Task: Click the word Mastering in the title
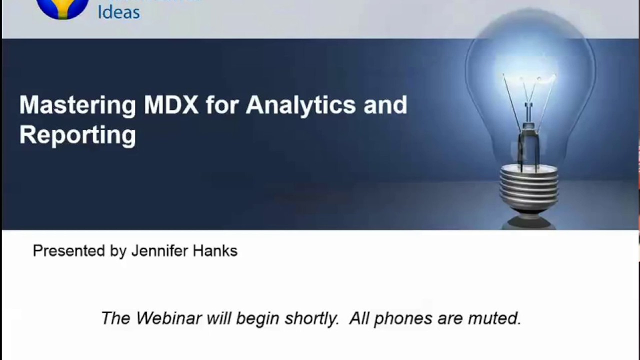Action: [x=77, y=105]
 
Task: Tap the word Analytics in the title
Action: [x=300, y=105]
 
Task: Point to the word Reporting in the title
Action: [x=77, y=135]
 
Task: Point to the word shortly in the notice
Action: [x=311, y=318]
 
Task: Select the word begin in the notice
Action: [x=257, y=318]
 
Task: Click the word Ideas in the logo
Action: [x=118, y=11]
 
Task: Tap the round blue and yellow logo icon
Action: [x=62, y=7]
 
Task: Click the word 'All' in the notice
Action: [x=359, y=318]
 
